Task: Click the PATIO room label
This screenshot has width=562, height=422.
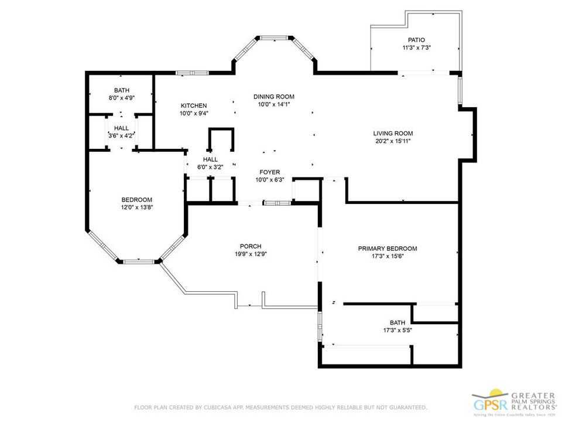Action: coord(416,40)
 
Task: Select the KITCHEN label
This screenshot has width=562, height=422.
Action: coord(193,105)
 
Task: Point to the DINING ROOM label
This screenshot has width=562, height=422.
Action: coord(273,97)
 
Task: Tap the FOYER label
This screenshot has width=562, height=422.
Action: coord(270,172)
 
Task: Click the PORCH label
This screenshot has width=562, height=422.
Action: coord(251,246)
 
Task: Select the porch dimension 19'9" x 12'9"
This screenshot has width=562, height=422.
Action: coord(251,254)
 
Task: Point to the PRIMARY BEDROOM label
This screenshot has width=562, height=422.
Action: coord(388,249)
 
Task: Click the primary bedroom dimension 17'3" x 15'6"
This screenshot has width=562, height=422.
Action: coord(388,256)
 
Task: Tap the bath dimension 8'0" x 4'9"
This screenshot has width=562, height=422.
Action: coord(122,98)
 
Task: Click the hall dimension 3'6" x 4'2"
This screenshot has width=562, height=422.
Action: coord(121,136)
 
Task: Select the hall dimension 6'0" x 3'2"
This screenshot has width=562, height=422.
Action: coord(210,167)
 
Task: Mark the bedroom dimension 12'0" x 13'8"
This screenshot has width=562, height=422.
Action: coord(137,207)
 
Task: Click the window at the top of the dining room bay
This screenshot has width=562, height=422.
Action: coord(274,38)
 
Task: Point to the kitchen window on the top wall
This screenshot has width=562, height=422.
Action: coord(193,73)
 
